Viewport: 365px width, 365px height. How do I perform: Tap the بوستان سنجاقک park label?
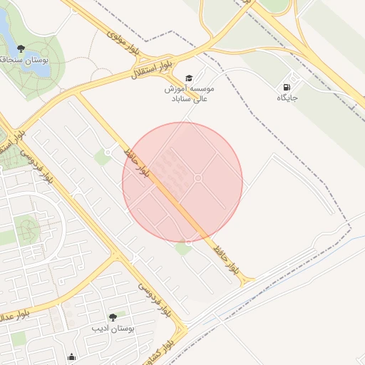24,61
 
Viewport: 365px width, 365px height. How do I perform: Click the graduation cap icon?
189,78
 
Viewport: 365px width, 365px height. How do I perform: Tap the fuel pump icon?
287,85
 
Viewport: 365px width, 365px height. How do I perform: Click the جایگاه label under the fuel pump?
287,97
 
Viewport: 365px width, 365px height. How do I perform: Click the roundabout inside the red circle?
198,178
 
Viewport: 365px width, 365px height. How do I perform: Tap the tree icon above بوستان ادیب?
112,317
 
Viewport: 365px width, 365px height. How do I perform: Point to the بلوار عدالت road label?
14,315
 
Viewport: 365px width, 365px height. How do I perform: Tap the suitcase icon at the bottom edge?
71,358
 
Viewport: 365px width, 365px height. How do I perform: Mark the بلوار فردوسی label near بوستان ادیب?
155,299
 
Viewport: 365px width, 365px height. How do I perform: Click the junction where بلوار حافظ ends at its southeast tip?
249,282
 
